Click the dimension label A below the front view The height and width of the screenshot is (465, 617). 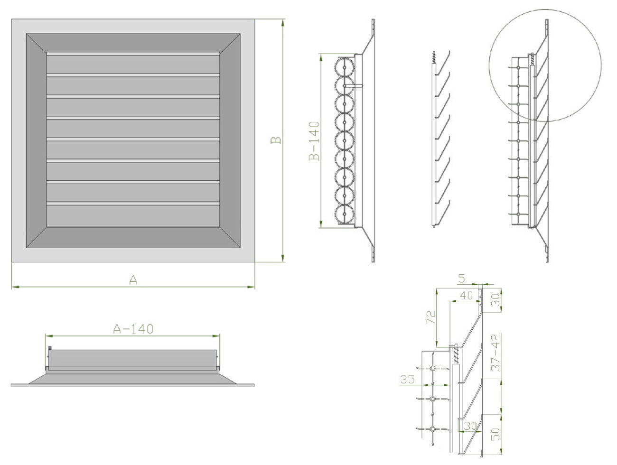pyautogui.click(x=133, y=280)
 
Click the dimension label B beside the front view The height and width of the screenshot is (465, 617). pyautogui.click(x=276, y=140)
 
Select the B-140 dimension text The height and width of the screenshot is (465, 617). pyautogui.click(x=315, y=141)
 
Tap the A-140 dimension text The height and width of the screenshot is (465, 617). pyautogui.click(x=133, y=329)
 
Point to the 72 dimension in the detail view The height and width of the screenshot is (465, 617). pyautogui.click(x=431, y=317)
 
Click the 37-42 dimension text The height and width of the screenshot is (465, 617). pyautogui.click(x=496, y=352)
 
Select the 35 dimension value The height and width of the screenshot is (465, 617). pyautogui.click(x=407, y=379)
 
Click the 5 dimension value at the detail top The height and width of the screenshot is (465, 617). pyautogui.click(x=461, y=279)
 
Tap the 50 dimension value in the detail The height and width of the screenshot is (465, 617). pyautogui.click(x=495, y=434)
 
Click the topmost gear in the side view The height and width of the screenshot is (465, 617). pyautogui.click(x=345, y=67)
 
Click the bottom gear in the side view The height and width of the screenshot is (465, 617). pyautogui.click(x=345, y=214)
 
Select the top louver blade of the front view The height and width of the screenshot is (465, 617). pyautogui.click(x=133, y=65)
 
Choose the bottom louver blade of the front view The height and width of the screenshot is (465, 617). pyautogui.click(x=133, y=216)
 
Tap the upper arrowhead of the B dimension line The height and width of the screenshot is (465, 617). pyautogui.click(x=282, y=22)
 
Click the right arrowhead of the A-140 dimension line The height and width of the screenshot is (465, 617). pyautogui.click(x=216, y=336)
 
